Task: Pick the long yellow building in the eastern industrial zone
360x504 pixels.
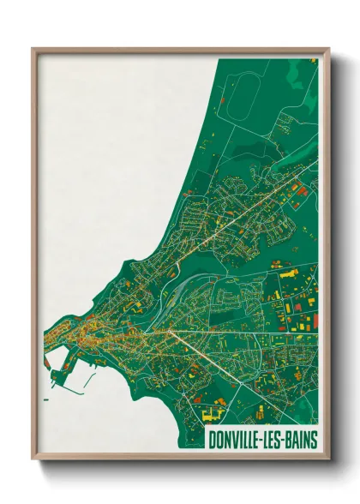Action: click(287, 272)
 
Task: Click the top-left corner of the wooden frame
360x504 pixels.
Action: click(33, 50)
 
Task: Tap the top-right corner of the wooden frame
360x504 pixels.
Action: click(328, 50)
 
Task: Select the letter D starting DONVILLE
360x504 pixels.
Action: click(213, 440)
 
